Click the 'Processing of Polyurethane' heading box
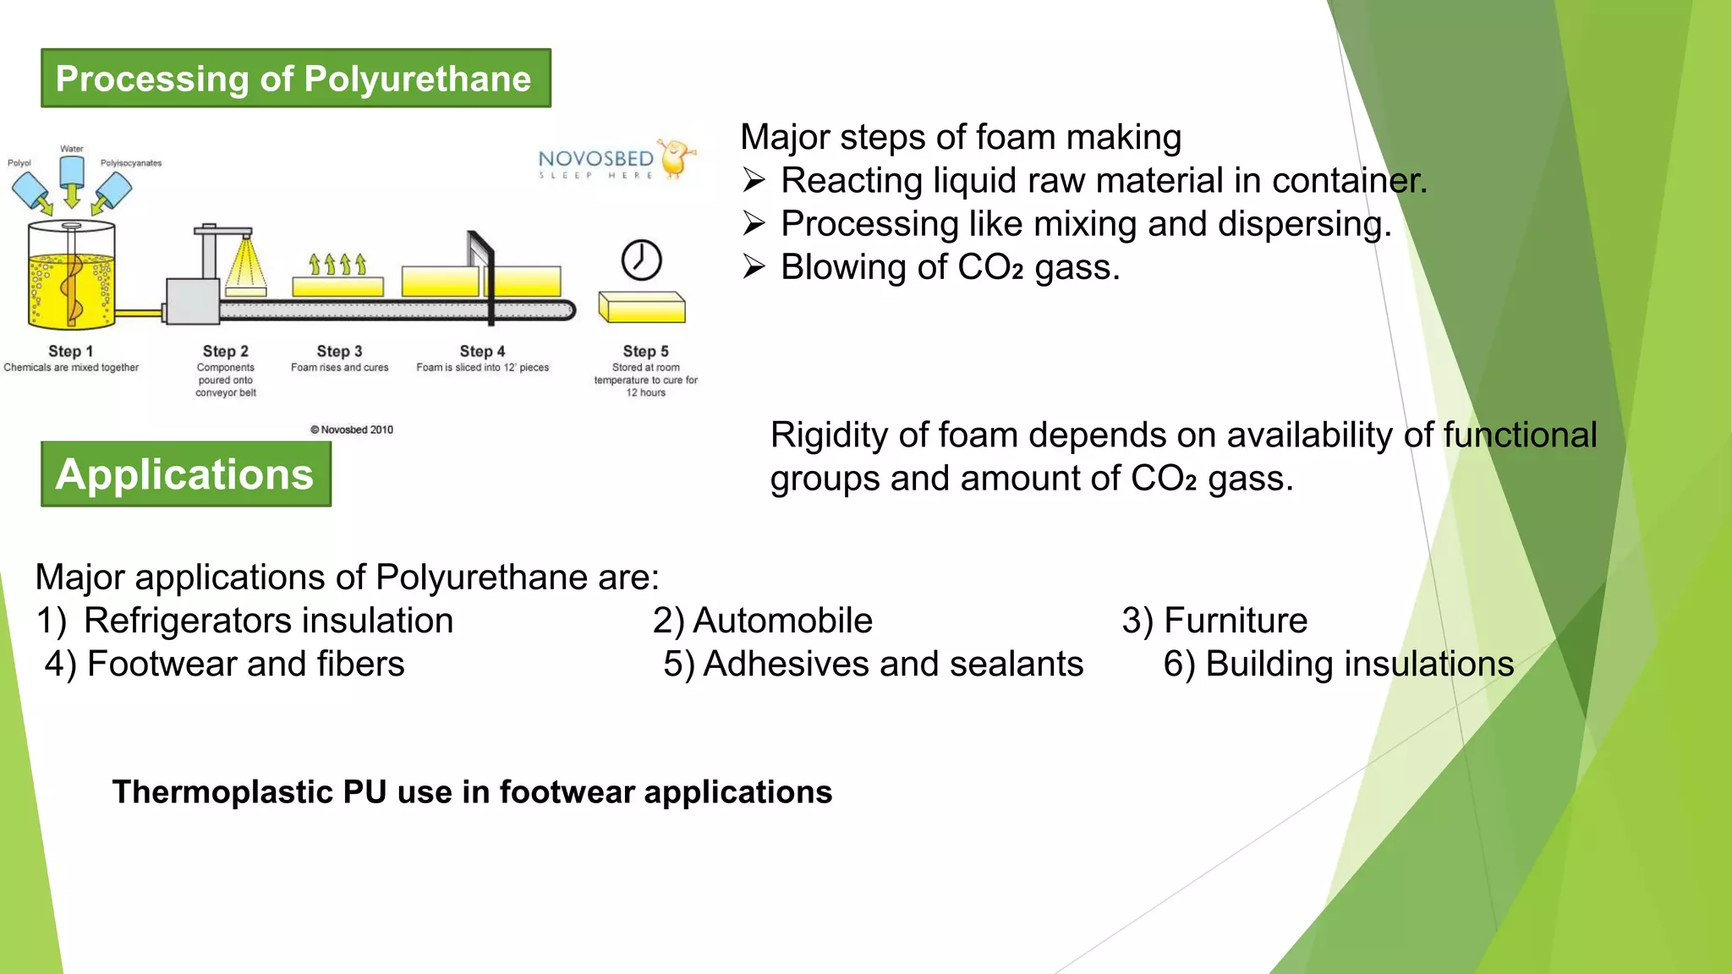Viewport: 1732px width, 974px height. tap(295, 79)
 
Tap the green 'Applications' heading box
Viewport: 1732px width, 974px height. tap(185, 474)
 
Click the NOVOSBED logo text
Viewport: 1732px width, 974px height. tap(596, 159)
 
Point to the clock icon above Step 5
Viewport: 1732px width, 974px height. tap(641, 260)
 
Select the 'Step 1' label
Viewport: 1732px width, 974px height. tap(71, 351)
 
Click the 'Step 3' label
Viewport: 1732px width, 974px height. tap(339, 351)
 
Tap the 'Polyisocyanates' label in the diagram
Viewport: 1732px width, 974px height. tap(131, 163)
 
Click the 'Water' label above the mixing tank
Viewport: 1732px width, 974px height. tap(72, 149)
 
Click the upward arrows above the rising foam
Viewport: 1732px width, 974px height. tap(337, 265)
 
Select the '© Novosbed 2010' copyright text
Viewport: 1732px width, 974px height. tap(352, 430)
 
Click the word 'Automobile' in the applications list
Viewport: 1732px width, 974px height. tap(782, 621)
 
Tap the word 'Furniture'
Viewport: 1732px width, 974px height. tap(1236, 621)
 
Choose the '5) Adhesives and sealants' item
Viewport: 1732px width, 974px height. tap(873, 664)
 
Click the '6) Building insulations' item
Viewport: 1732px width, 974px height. tap(1338, 664)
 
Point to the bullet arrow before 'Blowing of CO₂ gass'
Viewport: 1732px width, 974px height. tap(754, 268)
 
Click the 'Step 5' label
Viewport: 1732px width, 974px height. tap(645, 351)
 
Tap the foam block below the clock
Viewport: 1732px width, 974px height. tap(641, 308)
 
